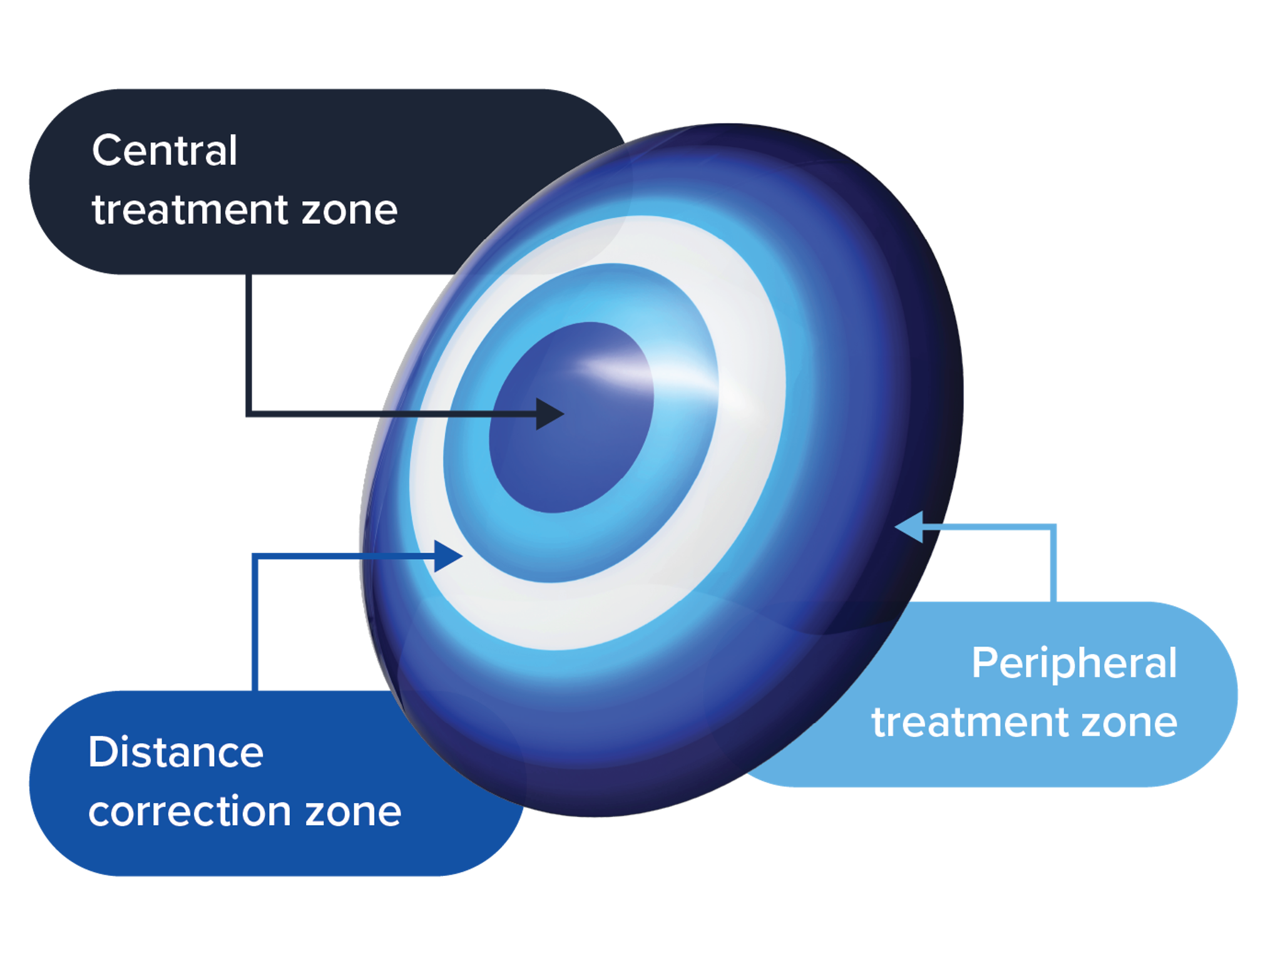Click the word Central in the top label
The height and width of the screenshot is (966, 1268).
(x=165, y=151)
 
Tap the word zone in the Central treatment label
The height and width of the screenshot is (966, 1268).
(x=350, y=210)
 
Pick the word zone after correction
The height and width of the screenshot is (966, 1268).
(x=353, y=812)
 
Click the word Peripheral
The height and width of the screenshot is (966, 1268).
(x=1074, y=664)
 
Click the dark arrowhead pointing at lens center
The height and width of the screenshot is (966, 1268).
(x=550, y=414)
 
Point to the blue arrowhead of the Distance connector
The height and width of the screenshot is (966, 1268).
(x=447, y=556)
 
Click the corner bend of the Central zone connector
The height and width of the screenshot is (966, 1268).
(x=250, y=413)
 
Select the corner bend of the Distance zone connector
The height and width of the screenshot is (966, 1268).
(x=255, y=557)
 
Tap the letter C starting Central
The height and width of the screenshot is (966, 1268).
(x=106, y=151)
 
